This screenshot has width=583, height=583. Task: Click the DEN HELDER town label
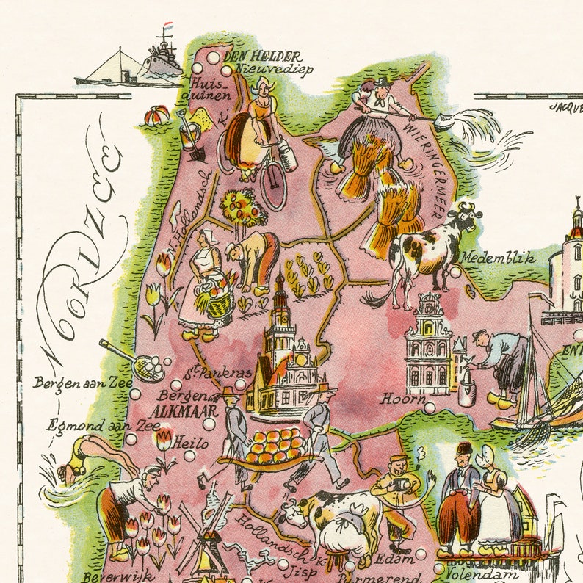253,57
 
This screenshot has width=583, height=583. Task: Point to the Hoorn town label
402,399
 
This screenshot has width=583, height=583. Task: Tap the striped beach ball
155,117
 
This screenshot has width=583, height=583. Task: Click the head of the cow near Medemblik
467,217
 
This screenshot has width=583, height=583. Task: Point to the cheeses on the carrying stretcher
273,445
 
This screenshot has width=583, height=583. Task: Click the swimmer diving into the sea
92,456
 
